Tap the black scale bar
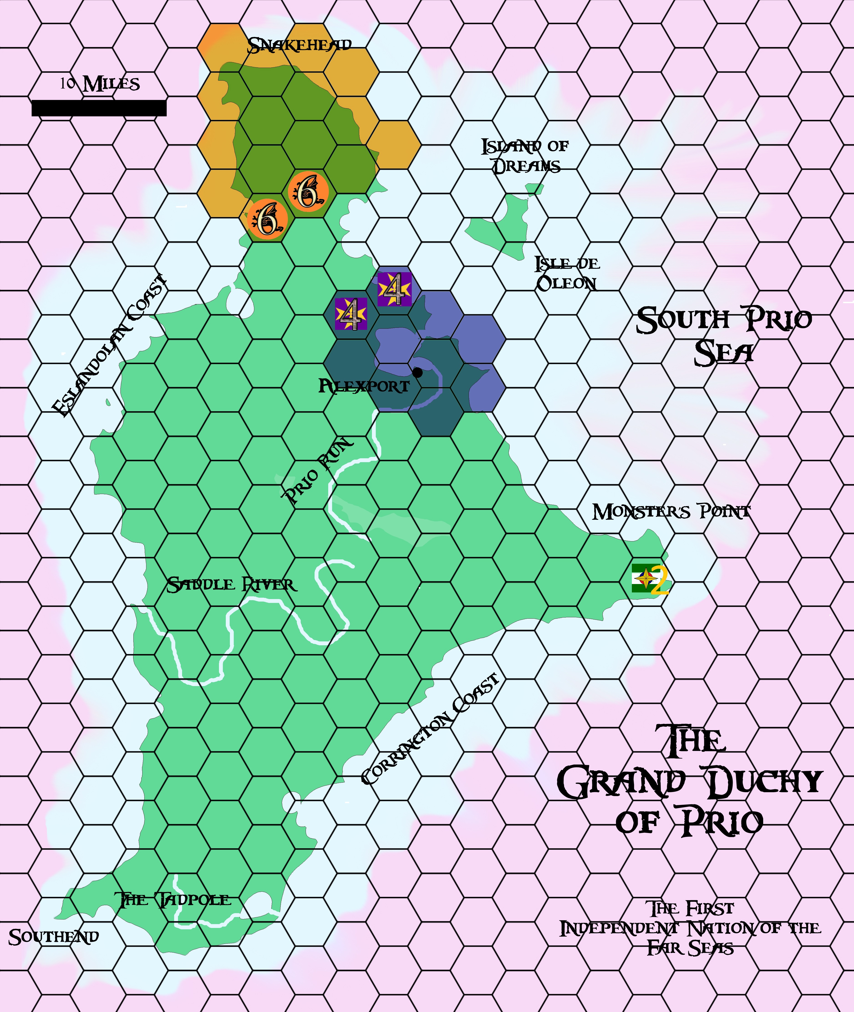coord(99,108)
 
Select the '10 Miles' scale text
coord(100,84)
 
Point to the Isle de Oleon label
coord(567,273)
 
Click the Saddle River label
coord(231,585)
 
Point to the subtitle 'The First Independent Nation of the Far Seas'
coord(690,928)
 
